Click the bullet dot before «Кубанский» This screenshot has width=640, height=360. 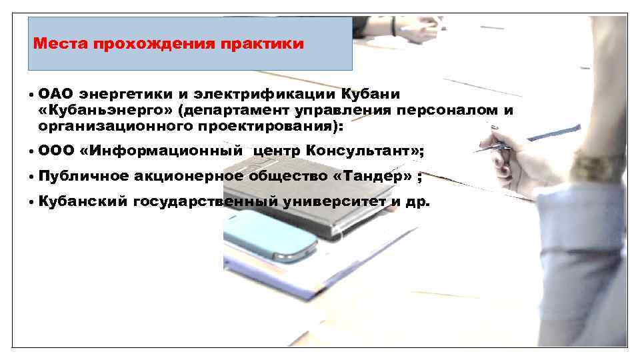pos(31,202)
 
